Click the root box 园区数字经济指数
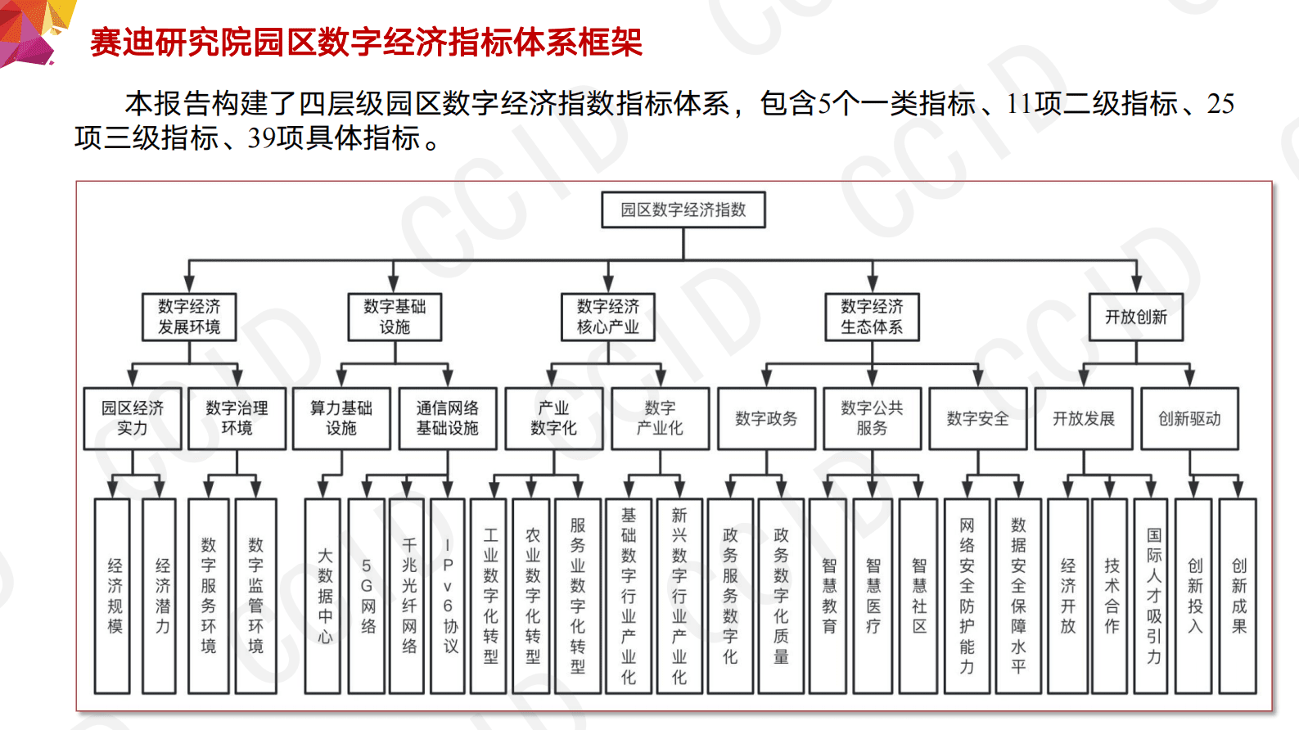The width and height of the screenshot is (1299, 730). [x=683, y=210]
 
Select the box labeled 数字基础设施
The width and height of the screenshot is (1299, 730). [x=395, y=317]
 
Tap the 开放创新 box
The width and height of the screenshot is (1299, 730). [x=1136, y=317]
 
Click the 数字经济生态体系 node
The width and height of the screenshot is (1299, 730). [x=872, y=317]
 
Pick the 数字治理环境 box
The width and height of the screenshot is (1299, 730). [x=237, y=418]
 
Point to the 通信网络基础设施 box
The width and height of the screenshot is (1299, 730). [x=448, y=418]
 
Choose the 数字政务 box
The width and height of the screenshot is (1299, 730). [x=766, y=418]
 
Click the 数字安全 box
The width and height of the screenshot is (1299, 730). [x=977, y=418]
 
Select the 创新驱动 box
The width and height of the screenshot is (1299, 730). [x=1189, y=418]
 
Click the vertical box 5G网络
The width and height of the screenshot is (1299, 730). [x=368, y=596]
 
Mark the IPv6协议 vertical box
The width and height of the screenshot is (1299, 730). [x=449, y=596]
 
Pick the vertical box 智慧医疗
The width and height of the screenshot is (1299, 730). [x=873, y=596]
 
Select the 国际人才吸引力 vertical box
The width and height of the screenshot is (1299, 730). [x=1152, y=596]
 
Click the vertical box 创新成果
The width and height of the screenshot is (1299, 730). [x=1238, y=596]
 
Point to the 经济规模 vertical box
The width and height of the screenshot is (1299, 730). [x=113, y=596]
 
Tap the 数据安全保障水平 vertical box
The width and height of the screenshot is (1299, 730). [x=1018, y=596]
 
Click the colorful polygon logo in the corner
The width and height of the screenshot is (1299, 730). [x=33, y=29]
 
